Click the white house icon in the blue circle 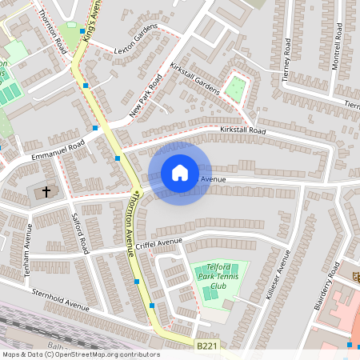pos(179,173)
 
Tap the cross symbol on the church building pos(46,192)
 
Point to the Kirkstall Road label pos(242,130)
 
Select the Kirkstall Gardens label pos(194,78)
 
